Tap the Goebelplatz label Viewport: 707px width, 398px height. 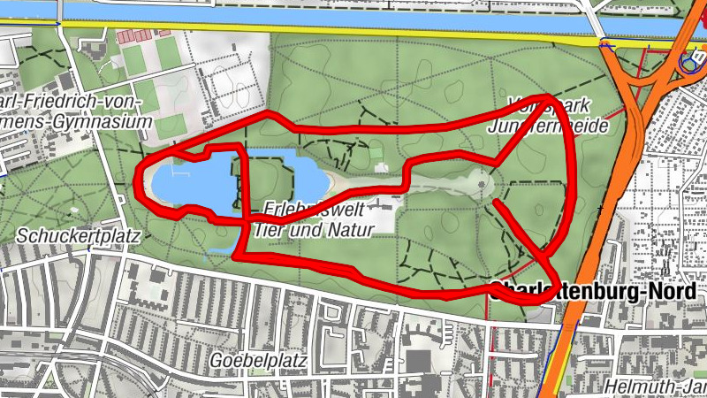258,361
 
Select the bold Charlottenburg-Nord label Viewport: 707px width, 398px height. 597,289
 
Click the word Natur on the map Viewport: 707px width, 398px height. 347,230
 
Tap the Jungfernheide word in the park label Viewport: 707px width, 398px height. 549,126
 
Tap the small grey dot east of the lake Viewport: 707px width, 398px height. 482,185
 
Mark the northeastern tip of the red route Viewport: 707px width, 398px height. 552,96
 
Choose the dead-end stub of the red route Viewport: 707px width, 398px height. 497,203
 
